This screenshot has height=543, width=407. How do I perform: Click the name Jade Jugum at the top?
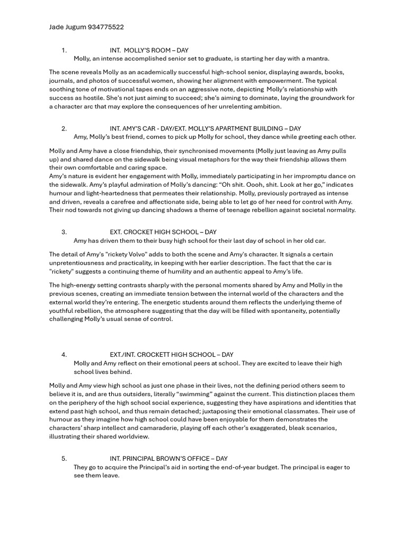coord(67,27)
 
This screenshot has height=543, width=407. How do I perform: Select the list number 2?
coord(64,128)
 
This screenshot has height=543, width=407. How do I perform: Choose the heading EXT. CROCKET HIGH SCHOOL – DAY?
coord(163,232)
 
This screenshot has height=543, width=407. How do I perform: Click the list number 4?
coord(64,355)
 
